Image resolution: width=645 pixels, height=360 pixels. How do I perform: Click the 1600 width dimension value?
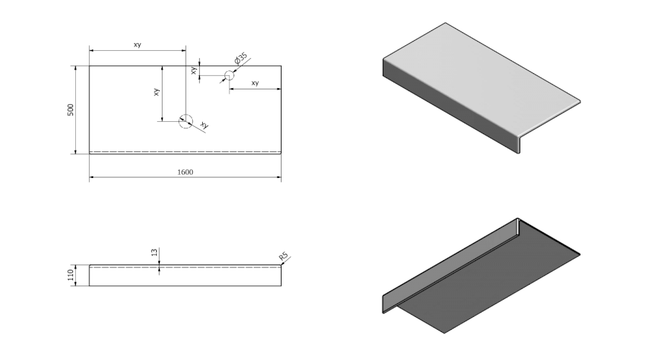[185, 171]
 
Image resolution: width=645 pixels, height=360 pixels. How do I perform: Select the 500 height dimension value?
[70, 110]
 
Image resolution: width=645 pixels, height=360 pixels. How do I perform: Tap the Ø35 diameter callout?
[241, 58]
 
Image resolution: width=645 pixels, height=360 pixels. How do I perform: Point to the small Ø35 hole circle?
[229, 75]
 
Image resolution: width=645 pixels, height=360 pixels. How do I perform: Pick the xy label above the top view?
[137, 44]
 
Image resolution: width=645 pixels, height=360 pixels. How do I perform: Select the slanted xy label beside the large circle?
[204, 125]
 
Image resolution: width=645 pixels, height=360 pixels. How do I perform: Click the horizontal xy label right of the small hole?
[255, 83]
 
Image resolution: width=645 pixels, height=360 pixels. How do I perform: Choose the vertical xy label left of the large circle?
[156, 93]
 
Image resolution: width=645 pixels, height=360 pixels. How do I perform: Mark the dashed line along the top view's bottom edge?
[185, 151]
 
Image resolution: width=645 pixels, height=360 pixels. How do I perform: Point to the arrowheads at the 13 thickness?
[159, 267]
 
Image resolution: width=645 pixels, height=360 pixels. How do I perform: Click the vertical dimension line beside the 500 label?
[77, 110]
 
